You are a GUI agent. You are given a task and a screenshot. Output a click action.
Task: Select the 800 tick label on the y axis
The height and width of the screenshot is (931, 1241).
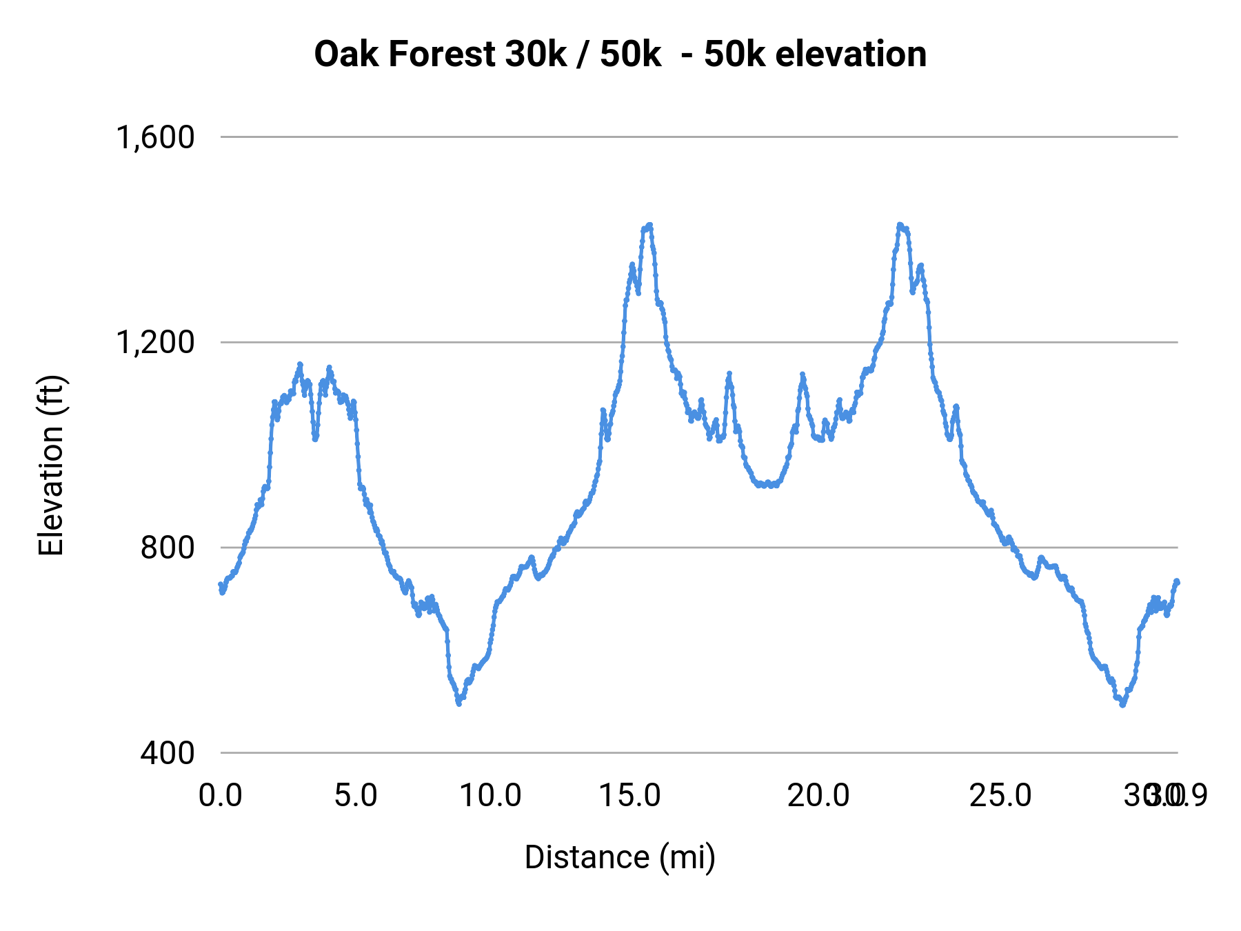(168, 548)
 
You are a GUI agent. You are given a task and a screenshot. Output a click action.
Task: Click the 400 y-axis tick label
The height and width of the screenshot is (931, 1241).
(168, 752)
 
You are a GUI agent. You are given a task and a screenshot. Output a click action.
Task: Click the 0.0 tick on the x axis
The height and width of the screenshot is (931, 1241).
(221, 796)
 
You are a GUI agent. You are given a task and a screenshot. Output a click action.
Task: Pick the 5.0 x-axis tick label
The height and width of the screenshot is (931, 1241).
(356, 796)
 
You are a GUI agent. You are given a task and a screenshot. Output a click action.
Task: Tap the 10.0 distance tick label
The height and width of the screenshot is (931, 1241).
(490, 796)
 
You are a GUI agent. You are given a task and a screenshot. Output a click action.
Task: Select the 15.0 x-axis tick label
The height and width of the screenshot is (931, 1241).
(629, 796)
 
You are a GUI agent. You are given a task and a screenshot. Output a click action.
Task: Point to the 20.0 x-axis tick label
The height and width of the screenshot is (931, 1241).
(818, 796)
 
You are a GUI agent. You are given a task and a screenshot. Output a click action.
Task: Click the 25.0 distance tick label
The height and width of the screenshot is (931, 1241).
(1000, 796)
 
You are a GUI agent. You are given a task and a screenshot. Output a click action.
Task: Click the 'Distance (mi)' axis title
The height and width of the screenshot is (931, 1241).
(620, 857)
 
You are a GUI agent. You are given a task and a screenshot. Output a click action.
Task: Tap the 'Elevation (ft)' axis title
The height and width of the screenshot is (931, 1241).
(50, 465)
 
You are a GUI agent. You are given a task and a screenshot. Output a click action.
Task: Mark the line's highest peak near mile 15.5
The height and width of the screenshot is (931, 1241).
(649, 225)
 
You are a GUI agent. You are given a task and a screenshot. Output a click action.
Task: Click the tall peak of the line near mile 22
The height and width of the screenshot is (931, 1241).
(900, 225)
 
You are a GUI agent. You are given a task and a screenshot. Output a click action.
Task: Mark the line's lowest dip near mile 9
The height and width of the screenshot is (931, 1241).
(458, 703)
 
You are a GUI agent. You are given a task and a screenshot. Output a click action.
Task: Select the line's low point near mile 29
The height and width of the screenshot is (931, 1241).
(1122, 705)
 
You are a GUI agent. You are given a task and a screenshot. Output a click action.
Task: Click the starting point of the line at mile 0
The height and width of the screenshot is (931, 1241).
(221, 585)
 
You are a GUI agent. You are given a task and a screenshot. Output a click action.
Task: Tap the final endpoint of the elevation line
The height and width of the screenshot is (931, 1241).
(1178, 581)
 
